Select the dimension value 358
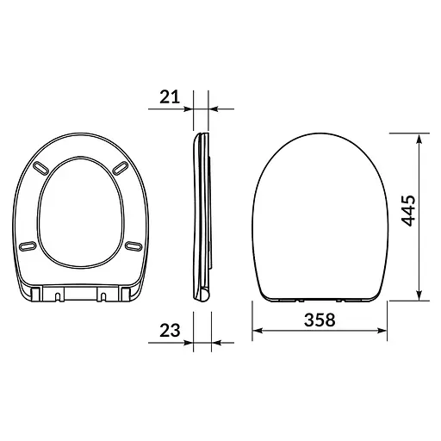[x=319, y=319]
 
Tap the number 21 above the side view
[x=169, y=96]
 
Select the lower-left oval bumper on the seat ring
[x=28, y=246]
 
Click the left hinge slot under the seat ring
[x=58, y=296]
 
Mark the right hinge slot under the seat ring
[x=102, y=296]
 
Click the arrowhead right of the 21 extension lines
[x=215, y=109]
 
